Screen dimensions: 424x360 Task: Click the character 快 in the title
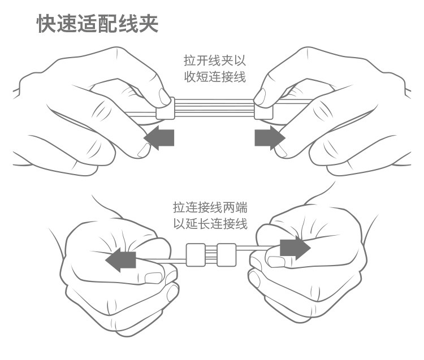[x=46, y=24]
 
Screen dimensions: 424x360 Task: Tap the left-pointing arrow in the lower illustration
[x=120, y=261]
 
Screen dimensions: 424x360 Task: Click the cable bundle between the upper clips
[x=214, y=107]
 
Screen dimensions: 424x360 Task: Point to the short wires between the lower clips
[x=211, y=255]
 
